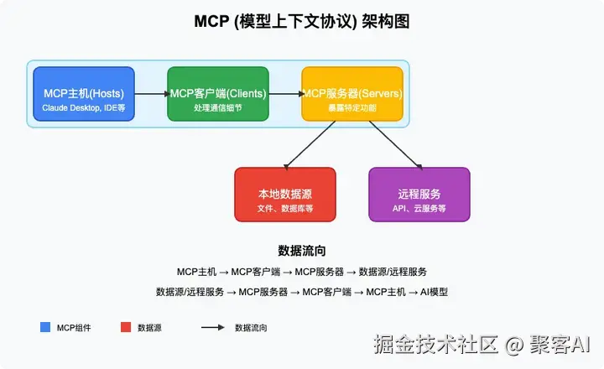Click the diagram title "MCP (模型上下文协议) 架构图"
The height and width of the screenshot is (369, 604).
(302, 22)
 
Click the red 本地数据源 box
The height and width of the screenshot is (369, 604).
(285, 194)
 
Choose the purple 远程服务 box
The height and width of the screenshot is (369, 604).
(419, 194)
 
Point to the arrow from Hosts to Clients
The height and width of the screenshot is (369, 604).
(151, 94)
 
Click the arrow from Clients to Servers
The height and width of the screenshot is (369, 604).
(285, 94)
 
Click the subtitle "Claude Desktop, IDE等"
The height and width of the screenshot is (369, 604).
(84, 108)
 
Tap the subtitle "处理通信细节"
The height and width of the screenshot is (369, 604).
(218, 108)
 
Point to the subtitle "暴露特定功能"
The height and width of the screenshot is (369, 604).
(352, 108)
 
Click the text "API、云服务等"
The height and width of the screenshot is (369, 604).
(419, 207)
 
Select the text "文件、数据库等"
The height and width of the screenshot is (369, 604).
(285, 207)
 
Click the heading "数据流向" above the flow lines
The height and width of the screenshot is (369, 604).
(302, 251)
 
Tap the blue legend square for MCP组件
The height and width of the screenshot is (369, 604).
(45, 327)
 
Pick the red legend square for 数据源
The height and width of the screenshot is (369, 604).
(126, 327)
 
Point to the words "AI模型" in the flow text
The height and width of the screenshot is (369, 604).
(434, 292)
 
